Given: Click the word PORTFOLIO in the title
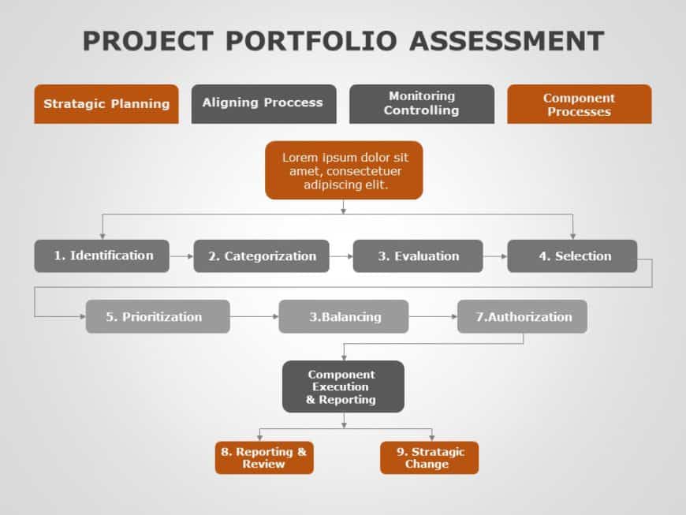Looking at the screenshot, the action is pyautogui.click(x=311, y=41).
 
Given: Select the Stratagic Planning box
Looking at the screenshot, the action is pyautogui.click(x=106, y=104).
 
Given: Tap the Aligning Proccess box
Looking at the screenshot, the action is pyautogui.click(x=264, y=104).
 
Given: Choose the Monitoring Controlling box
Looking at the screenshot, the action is pyautogui.click(x=422, y=104).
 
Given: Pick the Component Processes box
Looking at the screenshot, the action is pyautogui.click(x=580, y=104).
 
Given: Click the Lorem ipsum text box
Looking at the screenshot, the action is pyautogui.click(x=344, y=170).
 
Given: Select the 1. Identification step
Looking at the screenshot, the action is pyautogui.click(x=102, y=256).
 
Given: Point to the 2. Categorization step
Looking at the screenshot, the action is pyautogui.click(x=261, y=256).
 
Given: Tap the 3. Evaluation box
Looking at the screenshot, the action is pyautogui.click(x=418, y=256).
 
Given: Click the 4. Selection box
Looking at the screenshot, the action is pyautogui.click(x=572, y=256).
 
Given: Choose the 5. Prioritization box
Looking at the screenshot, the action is pyautogui.click(x=158, y=316).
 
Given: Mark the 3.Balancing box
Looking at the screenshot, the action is pyautogui.click(x=344, y=316).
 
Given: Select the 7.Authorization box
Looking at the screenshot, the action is pyautogui.click(x=522, y=316).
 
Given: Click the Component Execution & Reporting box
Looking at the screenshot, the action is pyautogui.click(x=344, y=386).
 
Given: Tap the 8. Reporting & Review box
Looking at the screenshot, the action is pyautogui.click(x=264, y=457).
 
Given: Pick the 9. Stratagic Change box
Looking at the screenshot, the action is pyautogui.click(x=429, y=457).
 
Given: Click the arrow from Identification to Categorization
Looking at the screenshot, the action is pyautogui.click(x=181, y=256).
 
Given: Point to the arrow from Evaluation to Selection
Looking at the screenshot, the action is pyautogui.click(x=495, y=256).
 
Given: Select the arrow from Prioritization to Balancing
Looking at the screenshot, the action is pyautogui.click(x=254, y=316).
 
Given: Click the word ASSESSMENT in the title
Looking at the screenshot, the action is pyautogui.click(x=507, y=41).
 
